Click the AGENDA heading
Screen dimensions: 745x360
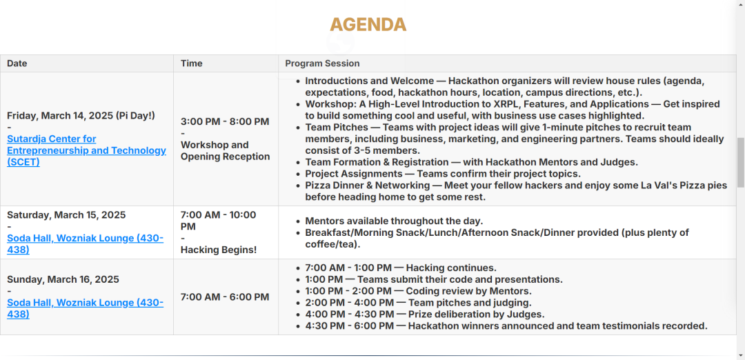(x=368, y=24)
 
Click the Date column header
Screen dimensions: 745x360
(x=17, y=63)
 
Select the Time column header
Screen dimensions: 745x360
(x=192, y=63)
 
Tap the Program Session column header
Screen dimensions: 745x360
(x=322, y=63)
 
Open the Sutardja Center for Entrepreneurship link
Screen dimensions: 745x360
(x=86, y=150)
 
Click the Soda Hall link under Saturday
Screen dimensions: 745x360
(x=85, y=243)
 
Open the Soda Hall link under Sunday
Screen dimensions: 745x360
(x=85, y=308)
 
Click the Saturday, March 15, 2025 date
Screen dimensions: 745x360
(x=66, y=215)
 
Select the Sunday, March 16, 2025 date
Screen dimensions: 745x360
(x=63, y=279)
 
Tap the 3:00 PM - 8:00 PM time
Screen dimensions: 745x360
(x=225, y=121)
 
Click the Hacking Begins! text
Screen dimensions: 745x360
(x=219, y=250)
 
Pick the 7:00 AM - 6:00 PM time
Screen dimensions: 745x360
(x=225, y=297)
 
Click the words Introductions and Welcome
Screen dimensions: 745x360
(x=369, y=81)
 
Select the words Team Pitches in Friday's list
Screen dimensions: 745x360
(x=337, y=128)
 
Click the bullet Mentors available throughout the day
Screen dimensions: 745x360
(x=394, y=221)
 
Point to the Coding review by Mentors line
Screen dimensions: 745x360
(x=418, y=291)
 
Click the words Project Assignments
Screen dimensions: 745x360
(x=353, y=174)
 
